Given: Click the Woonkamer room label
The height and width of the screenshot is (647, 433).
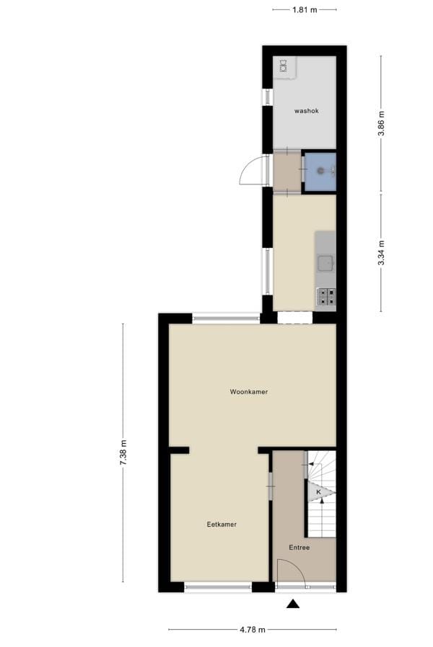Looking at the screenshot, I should (249, 392).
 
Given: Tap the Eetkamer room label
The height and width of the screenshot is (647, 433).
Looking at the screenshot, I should (222, 525).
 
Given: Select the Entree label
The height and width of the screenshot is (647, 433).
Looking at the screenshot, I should (299, 548).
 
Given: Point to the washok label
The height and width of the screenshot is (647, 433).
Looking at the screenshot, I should (306, 111).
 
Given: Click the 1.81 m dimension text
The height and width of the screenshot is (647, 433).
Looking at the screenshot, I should (304, 9).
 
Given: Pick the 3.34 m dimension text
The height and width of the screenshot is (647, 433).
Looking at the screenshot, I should (382, 253).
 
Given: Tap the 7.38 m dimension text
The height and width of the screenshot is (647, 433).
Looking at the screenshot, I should (123, 452).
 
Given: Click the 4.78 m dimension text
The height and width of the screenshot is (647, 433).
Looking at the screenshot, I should (252, 630).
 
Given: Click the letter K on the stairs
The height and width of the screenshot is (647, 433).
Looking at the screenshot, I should (318, 492).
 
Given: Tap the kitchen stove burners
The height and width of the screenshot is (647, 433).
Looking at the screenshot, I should (326, 295).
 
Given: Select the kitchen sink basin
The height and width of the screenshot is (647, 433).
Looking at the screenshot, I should (325, 263).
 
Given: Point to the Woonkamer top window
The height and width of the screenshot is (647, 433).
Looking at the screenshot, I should (226, 317).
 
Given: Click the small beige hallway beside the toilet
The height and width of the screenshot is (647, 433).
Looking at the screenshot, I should (287, 172).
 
